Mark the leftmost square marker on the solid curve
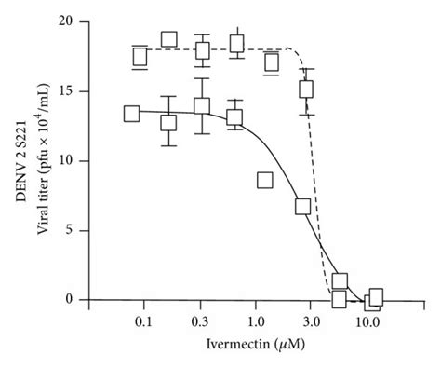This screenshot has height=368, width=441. tap(131, 114)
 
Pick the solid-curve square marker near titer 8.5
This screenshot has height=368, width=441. tap(265, 180)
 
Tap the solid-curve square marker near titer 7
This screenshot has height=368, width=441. tap(302, 206)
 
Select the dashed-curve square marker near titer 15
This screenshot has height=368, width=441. tap(306, 89)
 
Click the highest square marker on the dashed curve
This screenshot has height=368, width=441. tap(168, 39)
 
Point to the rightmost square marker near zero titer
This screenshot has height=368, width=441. tap(375, 297)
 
